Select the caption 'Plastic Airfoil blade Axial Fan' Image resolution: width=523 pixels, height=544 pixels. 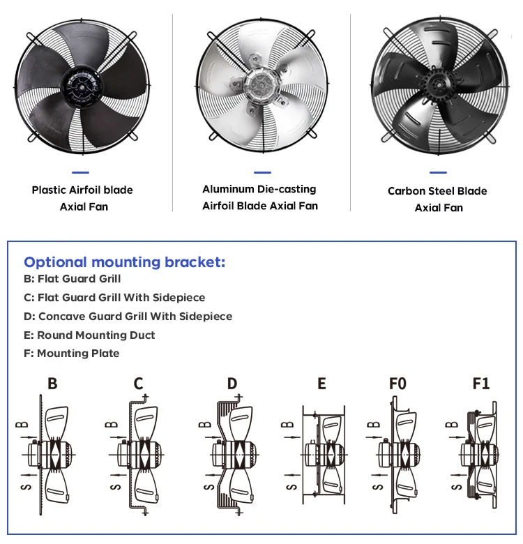coord(82,198)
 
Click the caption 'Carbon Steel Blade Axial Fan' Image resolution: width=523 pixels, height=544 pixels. coord(437,199)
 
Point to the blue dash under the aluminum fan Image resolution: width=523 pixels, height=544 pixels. coord(262,172)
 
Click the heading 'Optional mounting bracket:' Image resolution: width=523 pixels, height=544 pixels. coord(125,262)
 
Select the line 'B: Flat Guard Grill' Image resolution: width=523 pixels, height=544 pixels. coord(72,279)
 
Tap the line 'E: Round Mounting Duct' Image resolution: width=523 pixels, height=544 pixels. coord(89,335)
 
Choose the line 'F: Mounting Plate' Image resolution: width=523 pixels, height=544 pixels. coord(71,354)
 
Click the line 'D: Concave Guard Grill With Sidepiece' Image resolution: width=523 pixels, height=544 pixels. coord(128,316)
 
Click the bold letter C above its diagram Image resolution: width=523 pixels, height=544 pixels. coord(138,383)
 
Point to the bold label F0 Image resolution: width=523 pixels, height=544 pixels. coord(397,383)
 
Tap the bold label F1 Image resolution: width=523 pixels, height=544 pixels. coord(481,383)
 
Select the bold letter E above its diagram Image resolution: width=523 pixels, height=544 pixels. coord(321,383)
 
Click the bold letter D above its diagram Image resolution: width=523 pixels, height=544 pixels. coord(232,383)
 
